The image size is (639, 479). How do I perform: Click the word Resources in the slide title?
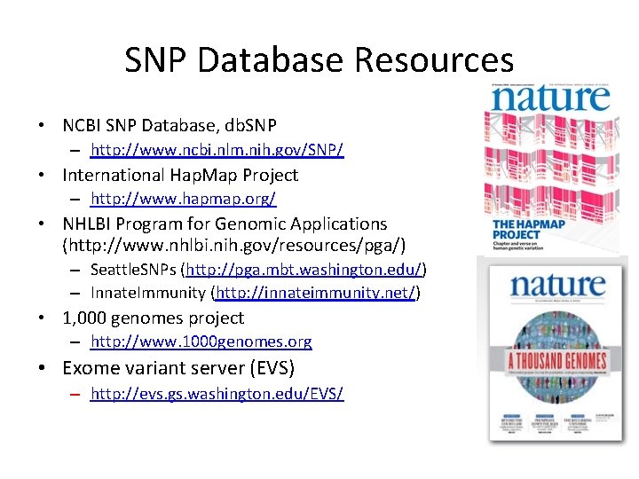tap(434, 60)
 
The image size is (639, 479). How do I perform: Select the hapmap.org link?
tap(183, 199)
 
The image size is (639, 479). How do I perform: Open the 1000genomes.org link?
tap(201, 342)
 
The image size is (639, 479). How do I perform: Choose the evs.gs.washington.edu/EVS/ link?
tap(217, 393)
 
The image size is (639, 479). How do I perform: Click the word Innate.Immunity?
tap(146, 293)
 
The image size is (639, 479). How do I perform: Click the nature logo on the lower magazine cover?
tap(556, 287)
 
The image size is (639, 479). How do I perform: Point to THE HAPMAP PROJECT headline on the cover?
tap(528, 228)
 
